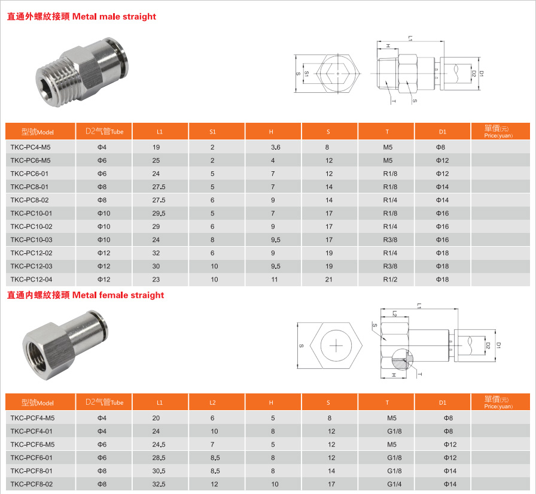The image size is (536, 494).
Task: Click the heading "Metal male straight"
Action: tap(114, 16)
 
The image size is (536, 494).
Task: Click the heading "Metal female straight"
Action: tap(118, 295)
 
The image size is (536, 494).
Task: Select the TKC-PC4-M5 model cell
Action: tap(31, 147)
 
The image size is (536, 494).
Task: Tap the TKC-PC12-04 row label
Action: tap(31, 280)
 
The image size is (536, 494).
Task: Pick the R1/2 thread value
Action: tap(390, 280)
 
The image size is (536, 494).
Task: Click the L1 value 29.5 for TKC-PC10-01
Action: tap(159, 214)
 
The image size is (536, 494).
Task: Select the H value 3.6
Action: tap(276, 147)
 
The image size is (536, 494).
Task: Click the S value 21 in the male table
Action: tap(328, 280)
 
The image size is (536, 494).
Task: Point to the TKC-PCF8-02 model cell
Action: tap(32, 484)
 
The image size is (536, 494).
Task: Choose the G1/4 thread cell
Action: tap(394, 484)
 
